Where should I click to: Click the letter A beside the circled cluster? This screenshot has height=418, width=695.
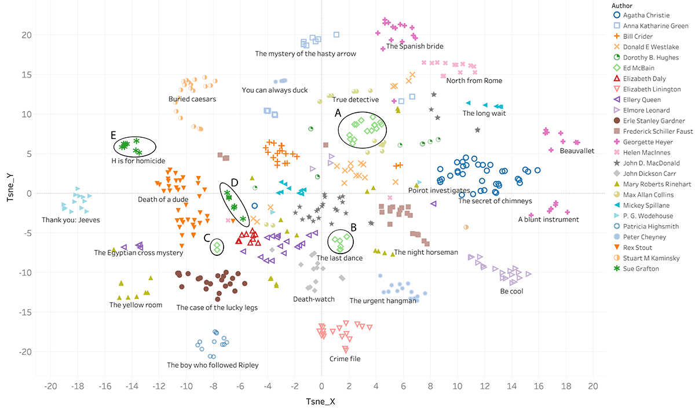pyautogui.click(x=338, y=114)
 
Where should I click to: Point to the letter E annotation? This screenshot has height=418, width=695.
pyautogui.click(x=113, y=135)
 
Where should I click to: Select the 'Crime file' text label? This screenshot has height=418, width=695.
pyautogui.click(x=345, y=359)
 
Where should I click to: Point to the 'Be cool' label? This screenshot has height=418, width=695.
pyautogui.click(x=511, y=291)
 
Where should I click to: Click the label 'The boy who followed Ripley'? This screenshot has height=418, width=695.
pyautogui.click(x=213, y=365)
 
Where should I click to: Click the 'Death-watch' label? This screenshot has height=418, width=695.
pyautogui.click(x=313, y=299)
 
